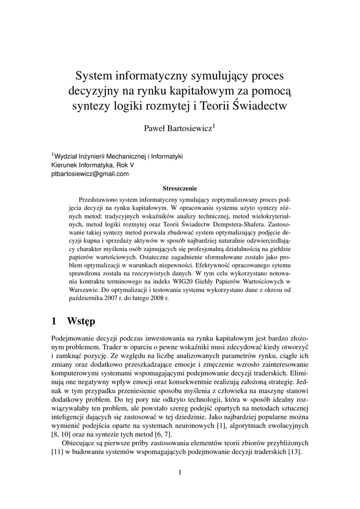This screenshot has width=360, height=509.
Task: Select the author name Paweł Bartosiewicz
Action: pos(178,129)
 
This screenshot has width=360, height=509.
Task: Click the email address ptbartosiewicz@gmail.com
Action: pos(90,173)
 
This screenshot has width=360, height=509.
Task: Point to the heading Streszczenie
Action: pos(180,188)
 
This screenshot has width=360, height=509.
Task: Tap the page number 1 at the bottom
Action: pos(180,472)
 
